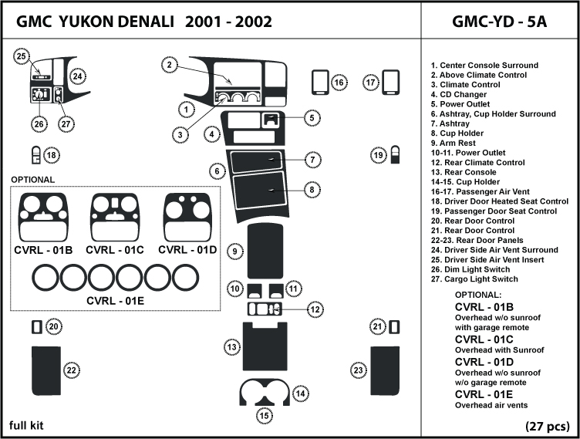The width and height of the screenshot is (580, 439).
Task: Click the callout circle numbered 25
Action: click(22, 56)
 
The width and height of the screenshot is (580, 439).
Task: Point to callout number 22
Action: click(71, 371)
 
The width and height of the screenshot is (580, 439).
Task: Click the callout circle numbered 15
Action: click(265, 416)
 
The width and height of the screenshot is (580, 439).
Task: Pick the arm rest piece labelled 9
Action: click(265, 251)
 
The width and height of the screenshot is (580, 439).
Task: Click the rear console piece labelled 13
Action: click(265, 347)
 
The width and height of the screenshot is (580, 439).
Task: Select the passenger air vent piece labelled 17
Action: click(391, 82)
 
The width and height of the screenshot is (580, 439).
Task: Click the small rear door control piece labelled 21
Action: click(394, 327)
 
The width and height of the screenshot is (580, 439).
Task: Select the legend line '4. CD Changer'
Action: click(459, 95)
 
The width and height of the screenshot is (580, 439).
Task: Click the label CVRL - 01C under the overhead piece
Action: click(115, 250)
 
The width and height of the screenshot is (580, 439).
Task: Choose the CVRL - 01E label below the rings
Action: click(115, 300)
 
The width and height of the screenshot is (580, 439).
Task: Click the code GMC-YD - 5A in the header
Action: click(498, 21)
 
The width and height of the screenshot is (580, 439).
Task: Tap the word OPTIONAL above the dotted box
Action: click(32, 180)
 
